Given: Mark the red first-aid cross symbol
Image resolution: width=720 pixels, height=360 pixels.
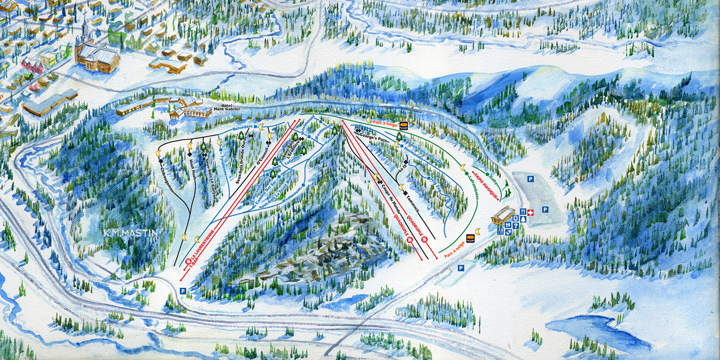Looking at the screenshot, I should (530, 212).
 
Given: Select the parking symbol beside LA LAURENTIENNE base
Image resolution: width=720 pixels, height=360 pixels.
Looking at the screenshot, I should (183, 290).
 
